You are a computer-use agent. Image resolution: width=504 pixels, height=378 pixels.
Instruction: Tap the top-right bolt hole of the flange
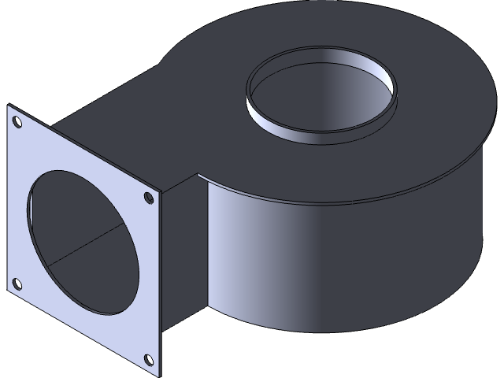pyautogui.click(x=148, y=198)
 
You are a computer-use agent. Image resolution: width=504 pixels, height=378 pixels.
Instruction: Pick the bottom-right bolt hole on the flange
pyautogui.click(x=148, y=361)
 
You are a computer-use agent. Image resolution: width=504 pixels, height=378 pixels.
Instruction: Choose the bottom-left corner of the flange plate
pyautogui.click(x=9, y=296)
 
